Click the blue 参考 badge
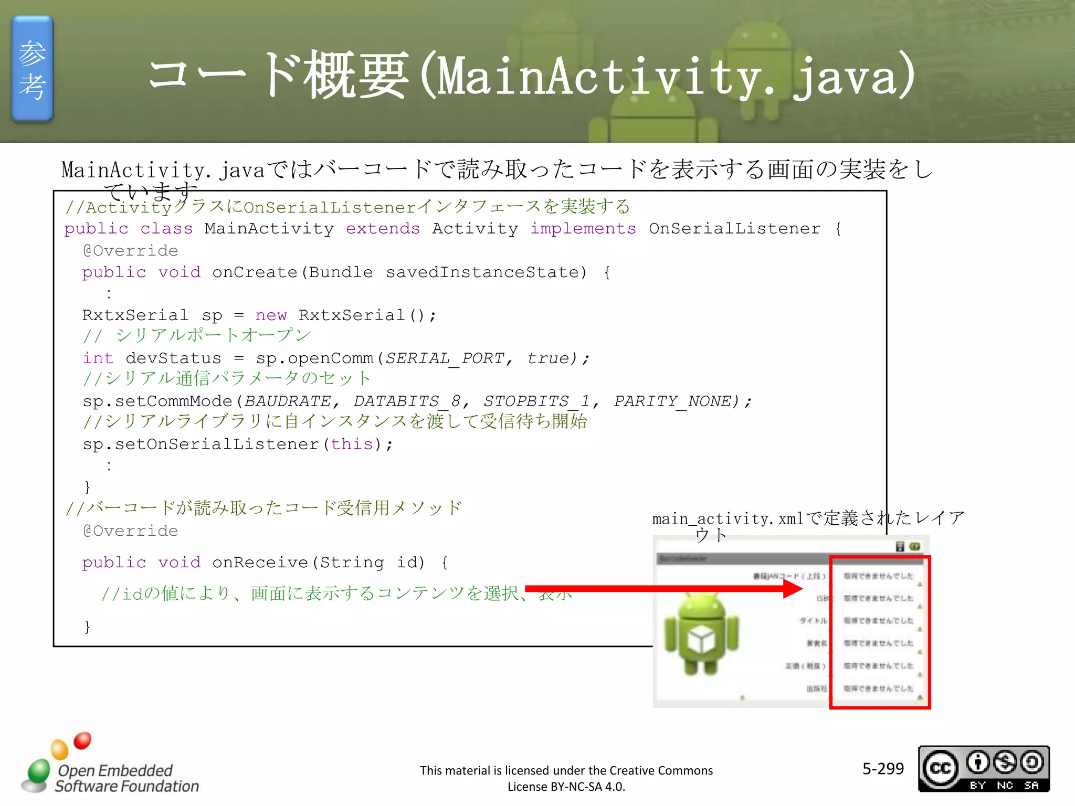click(x=33, y=69)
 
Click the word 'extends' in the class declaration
click(x=383, y=229)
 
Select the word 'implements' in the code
click(x=583, y=229)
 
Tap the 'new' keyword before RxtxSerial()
click(x=271, y=315)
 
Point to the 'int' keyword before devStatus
click(x=98, y=358)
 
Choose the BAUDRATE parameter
click(x=288, y=401)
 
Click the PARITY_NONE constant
click(x=672, y=401)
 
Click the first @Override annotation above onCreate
click(x=131, y=251)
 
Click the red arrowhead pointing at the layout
click(x=793, y=589)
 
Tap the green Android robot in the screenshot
click(x=701, y=634)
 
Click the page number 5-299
click(x=883, y=769)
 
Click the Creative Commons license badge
click(x=984, y=769)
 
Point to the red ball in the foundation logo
click(x=82, y=740)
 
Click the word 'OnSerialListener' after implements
click(x=734, y=229)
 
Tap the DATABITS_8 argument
click(x=406, y=401)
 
